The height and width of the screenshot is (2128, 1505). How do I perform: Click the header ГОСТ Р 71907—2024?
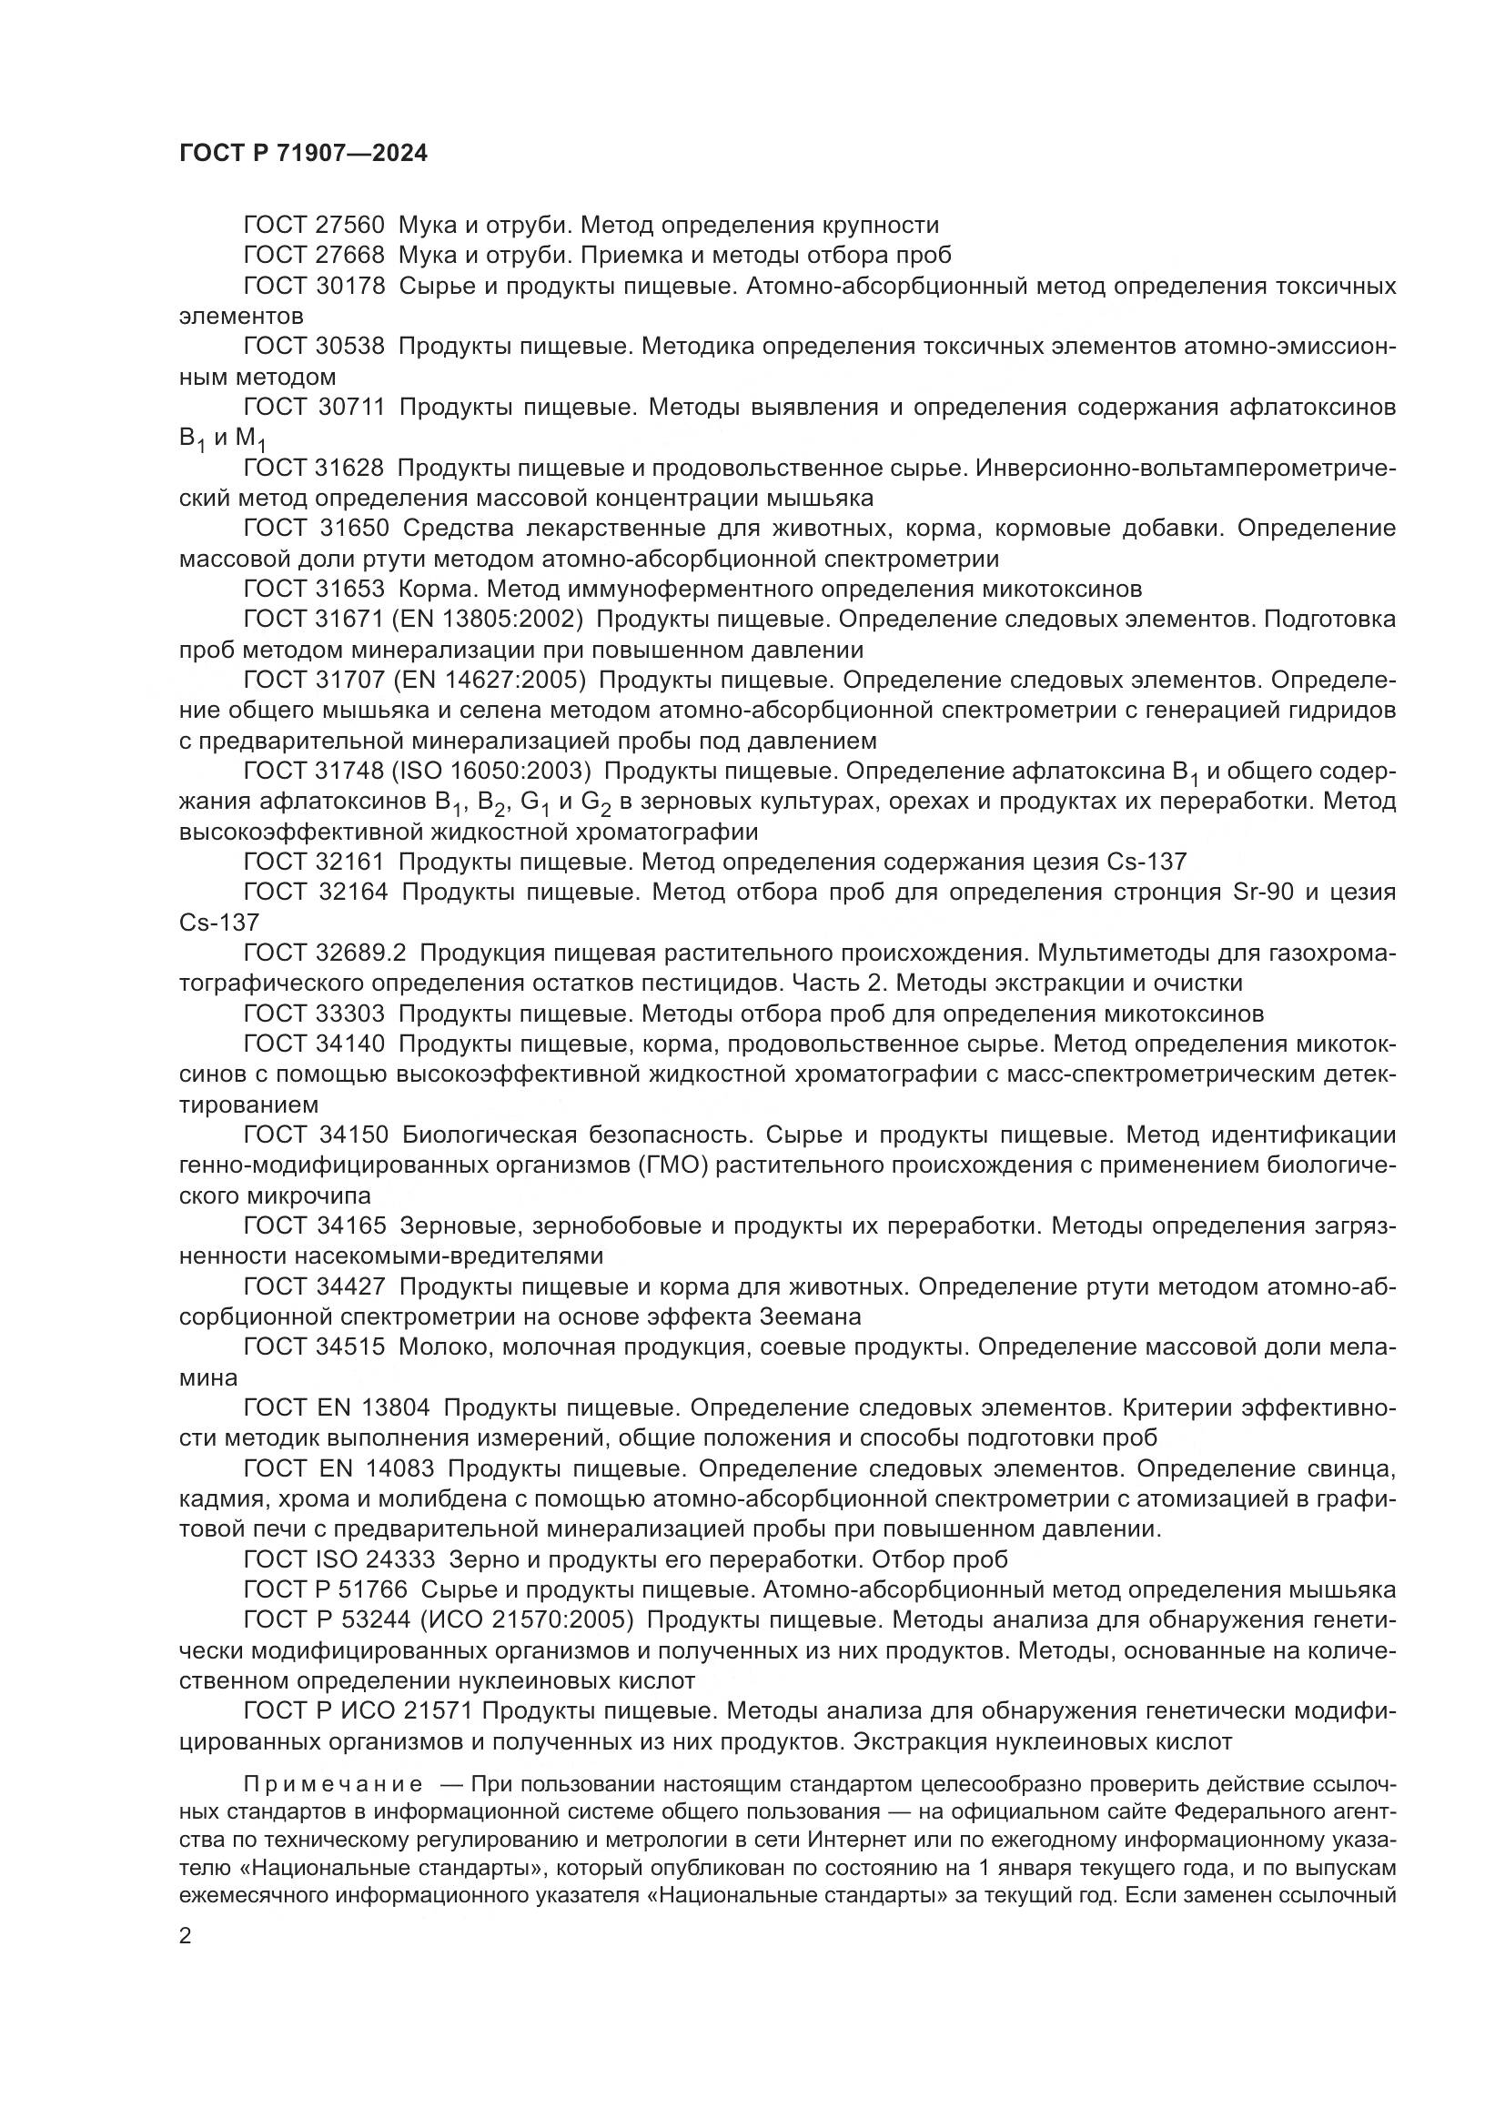coord(303,154)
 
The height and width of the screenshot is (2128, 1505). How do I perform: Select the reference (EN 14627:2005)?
coord(490,681)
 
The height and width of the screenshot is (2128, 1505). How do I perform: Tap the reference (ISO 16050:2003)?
coord(491,772)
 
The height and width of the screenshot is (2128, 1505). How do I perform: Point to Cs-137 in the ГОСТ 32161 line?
coord(1146,862)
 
